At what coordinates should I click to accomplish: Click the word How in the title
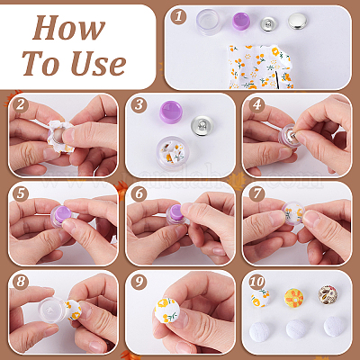click(x=68, y=28)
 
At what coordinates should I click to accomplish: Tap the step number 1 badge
click(x=178, y=16)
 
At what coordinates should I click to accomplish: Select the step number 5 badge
click(x=21, y=193)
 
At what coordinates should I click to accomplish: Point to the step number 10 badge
click(x=256, y=282)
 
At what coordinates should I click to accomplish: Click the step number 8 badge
click(x=21, y=282)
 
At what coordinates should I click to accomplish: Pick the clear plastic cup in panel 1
click(x=209, y=22)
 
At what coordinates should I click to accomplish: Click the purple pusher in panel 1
click(x=241, y=21)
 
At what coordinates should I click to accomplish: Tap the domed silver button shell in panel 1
click(x=297, y=21)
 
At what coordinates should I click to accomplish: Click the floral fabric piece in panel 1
click(x=260, y=67)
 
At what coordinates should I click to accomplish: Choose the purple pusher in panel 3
click(x=171, y=112)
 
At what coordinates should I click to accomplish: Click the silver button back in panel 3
click(x=202, y=126)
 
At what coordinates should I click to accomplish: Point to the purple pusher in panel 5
click(x=62, y=214)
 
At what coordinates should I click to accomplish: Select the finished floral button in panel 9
click(x=166, y=310)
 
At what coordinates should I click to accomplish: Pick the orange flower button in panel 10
click(x=293, y=298)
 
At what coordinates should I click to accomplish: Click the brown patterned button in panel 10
click(x=328, y=295)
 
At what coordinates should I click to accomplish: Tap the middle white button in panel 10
click(x=296, y=329)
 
